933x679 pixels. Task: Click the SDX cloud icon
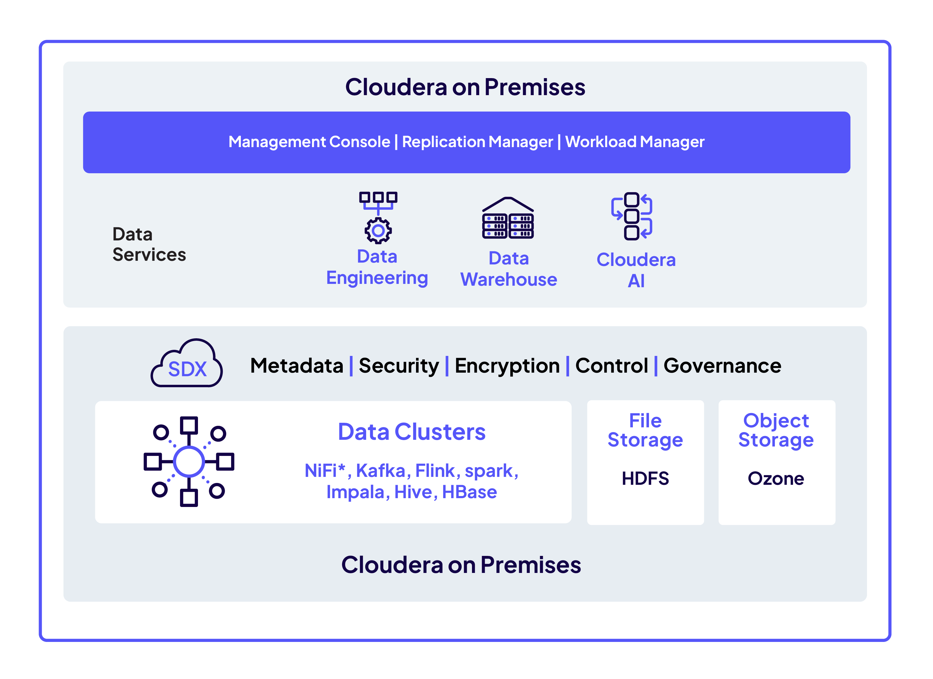(187, 364)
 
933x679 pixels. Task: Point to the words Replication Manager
(477, 142)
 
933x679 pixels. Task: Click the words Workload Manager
(634, 142)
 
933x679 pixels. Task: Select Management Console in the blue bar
(309, 142)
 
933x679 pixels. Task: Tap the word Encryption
(507, 366)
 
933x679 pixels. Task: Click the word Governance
(722, 366)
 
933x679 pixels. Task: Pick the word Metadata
(297, 366)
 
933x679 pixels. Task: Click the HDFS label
(645, 478)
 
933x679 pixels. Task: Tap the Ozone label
(775, 478)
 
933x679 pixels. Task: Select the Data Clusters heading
(411, 432)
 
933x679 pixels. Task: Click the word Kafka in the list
(380, 470)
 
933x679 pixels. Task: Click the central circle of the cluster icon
(189, 461)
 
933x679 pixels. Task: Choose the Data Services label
(149, 244)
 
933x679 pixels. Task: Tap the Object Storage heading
(776, 430)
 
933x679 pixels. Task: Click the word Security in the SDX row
(399, 366)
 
